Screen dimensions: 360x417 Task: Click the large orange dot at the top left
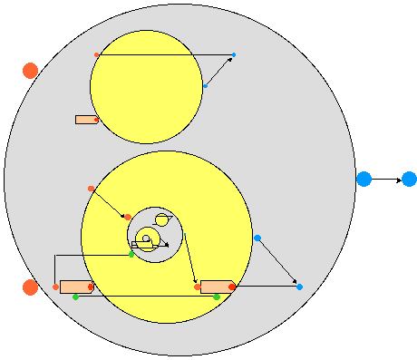point(30,71)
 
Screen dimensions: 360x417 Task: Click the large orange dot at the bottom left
point(30,287)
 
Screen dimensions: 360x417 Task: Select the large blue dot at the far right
point(409,180)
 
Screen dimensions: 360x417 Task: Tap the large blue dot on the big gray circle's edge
point(364,180)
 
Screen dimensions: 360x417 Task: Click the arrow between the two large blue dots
point(386,180)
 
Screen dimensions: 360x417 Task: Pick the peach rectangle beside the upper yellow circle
point(86,120)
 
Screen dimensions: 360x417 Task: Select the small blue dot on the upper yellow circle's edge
point(205,86)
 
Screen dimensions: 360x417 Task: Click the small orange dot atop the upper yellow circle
point(97,55)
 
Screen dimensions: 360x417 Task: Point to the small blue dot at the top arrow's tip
point(234,55)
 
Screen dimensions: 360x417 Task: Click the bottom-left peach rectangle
point(76,287)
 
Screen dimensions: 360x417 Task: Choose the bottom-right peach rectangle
point(217,287)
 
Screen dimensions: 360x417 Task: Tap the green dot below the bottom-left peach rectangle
point(75,297)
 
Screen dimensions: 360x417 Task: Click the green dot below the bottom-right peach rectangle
point(217,297)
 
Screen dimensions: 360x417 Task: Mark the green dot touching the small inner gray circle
point(131,255)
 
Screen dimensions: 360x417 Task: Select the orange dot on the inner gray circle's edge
point(128,217)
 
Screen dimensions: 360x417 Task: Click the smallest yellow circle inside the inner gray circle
point(162,219)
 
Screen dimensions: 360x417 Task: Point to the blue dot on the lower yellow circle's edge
point(257,238)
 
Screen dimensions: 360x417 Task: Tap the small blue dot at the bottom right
point(299,287)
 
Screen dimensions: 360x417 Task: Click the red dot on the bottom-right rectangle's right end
point(232,287)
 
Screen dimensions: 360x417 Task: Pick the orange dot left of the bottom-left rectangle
point(55,287)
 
